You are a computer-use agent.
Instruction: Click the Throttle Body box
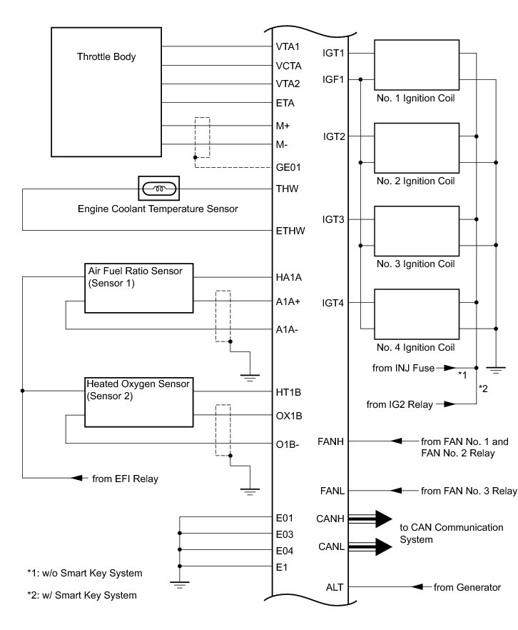click(106, 91)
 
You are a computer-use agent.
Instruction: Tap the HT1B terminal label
click(288, 391)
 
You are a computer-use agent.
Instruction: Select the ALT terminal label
click(335, 587)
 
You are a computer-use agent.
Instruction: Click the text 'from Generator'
click(467, 587)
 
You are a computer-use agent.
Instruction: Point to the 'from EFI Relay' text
click(125, 478)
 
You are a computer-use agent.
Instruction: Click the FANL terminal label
click(334, 491)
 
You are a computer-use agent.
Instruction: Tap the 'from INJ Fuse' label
click(403, 369)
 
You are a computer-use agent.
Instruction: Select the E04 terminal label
click(285, 550)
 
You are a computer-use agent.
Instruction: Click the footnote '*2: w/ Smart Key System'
click(81, 594)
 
